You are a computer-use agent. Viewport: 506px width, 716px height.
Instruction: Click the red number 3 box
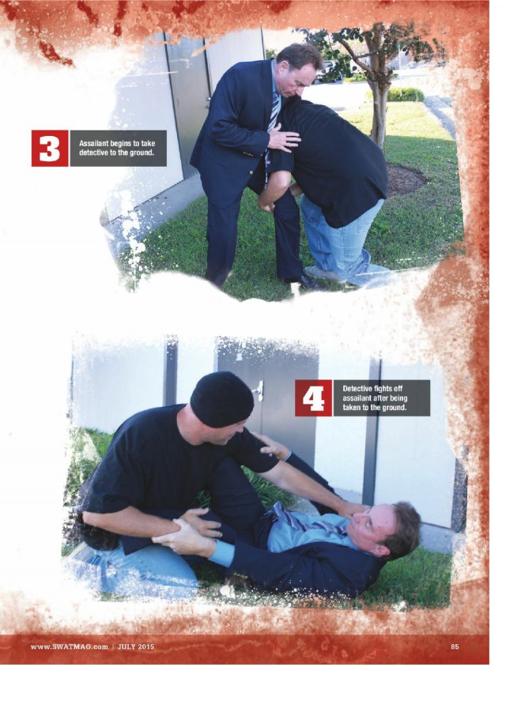50,148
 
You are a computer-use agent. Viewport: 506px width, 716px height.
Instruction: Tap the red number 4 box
313,398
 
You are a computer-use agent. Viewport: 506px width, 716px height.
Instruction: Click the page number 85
455,646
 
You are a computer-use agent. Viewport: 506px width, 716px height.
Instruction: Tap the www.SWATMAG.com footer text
70,646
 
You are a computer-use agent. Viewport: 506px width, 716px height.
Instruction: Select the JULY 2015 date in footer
136,646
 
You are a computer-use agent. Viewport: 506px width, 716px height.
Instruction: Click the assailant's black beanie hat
222,401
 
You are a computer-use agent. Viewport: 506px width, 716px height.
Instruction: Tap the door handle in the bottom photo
259,390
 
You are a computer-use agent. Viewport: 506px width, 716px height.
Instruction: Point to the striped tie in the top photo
274,114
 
